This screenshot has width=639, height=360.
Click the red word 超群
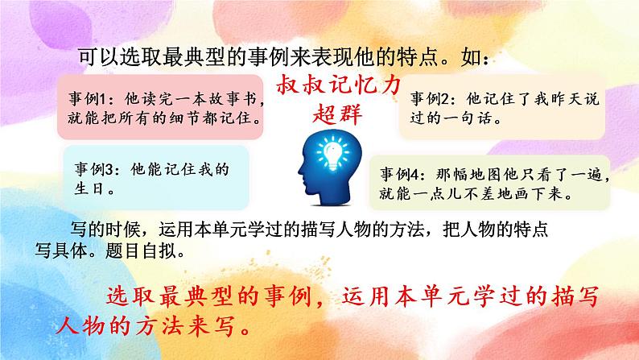point(336,112)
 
